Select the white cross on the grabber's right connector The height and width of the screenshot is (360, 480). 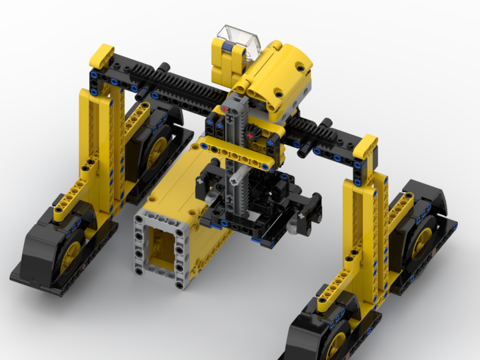(x=301, y=216)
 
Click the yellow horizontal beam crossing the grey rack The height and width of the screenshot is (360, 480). (x=235, y=154)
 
